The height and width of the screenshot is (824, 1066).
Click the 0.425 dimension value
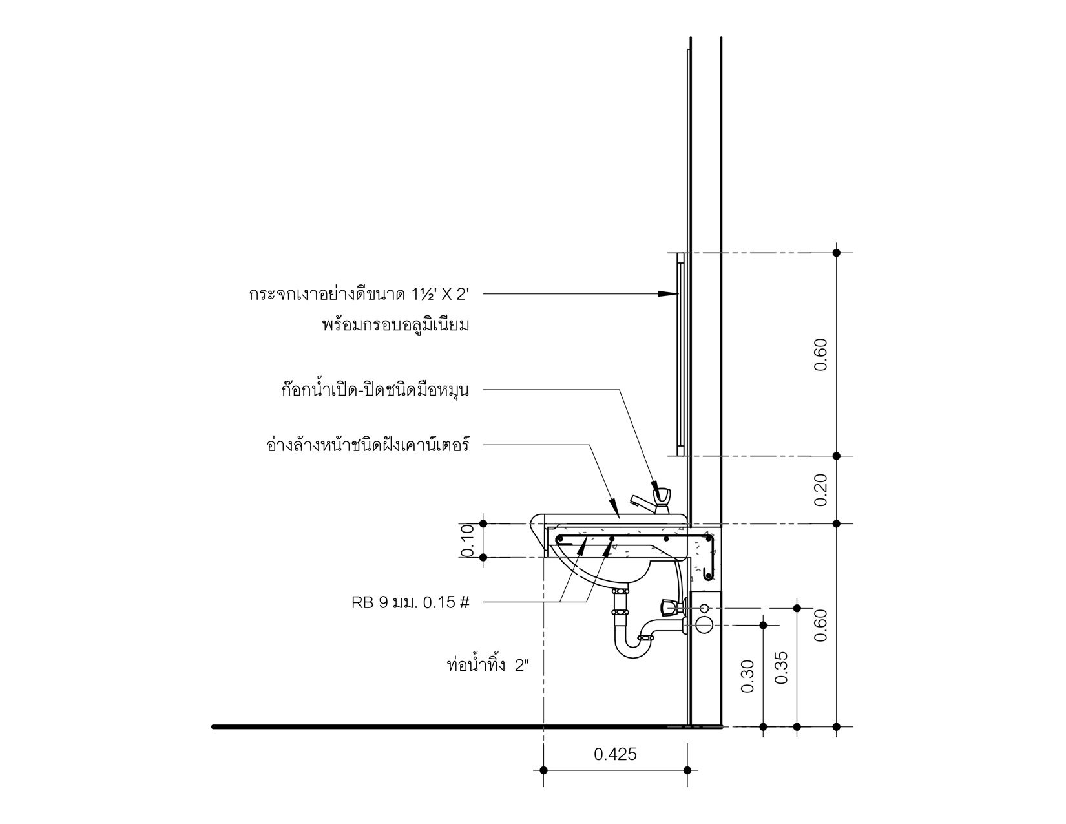pos(614,754)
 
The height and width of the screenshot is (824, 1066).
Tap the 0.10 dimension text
pos(468,540)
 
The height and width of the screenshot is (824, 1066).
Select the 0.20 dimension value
pos(820,490)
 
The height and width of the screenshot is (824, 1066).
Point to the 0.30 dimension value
pos(747,676)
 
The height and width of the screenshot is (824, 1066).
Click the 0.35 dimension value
pos(781,668)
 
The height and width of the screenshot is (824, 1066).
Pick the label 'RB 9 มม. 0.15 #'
pos(410,603)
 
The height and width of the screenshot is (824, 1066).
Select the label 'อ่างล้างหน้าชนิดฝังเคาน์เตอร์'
pos(367,445)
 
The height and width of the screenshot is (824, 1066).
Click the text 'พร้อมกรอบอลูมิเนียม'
pos(395,325)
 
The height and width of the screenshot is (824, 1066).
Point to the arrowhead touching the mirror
pos(669,294)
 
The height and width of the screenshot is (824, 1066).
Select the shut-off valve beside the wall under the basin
pos(669,607)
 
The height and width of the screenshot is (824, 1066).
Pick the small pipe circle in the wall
pos(704,608)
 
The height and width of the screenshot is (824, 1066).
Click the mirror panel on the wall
pos(680,354)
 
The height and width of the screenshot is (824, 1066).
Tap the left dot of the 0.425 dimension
pos(543,770)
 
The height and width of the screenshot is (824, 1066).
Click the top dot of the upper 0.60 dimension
pos(837,253)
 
